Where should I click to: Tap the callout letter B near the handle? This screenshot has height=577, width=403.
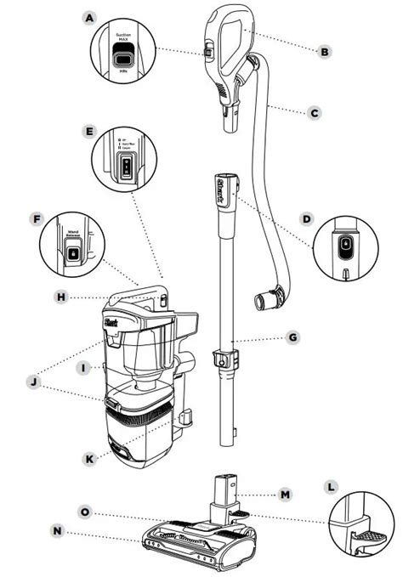coord(323,52)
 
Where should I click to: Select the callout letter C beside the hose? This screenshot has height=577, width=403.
coord(314,110)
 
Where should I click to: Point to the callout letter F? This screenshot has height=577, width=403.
coord(35,218)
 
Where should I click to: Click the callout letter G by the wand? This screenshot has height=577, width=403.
coord(292,337)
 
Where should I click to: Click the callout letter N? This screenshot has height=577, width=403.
coord(58,531)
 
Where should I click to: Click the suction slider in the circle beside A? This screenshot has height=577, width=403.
coord(124,59)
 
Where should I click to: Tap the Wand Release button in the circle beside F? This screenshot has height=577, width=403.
coord(73,252)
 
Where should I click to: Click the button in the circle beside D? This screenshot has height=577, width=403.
coord(345,246)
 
